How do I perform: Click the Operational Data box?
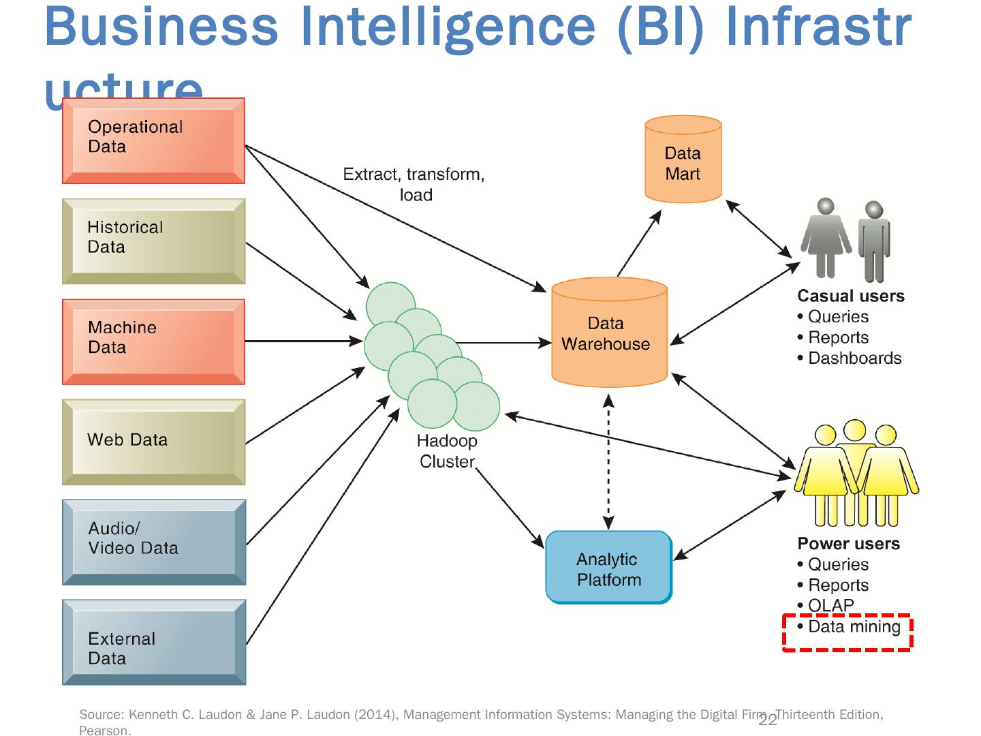pos(153,140)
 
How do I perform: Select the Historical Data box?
pos(153,241)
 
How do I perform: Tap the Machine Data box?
pos(153,341)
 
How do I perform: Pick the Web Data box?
pos(153,442)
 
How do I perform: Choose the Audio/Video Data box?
pos(153,542)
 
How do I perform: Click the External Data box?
pos(153,642)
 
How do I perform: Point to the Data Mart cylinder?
pos(683,161)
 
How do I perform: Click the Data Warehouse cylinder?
pos(608,334)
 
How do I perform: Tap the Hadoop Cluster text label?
pos(447,451)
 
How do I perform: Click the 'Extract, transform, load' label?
pos(414,184)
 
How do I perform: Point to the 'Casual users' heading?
pos(851,296)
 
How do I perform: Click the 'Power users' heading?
pos(848,544)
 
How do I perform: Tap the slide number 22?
pos(768,721)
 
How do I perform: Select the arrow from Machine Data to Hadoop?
pos(303,341)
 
